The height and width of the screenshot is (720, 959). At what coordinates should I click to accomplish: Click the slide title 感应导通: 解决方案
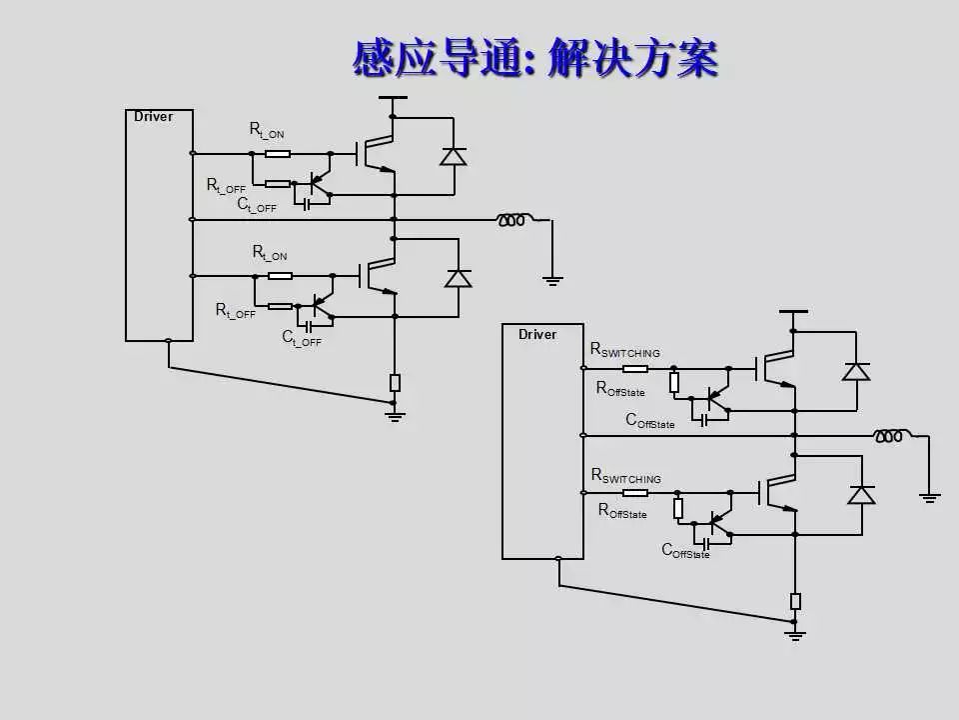point(535,58)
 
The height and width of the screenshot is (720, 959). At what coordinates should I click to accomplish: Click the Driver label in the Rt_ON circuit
point(153,117)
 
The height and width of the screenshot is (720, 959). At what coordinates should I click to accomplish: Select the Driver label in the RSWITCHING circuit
point(537,334)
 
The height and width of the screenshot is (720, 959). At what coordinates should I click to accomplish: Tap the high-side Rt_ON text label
point(267,130)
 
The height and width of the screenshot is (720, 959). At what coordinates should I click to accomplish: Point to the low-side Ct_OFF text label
point(301,338)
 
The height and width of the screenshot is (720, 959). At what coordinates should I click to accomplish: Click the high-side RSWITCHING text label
point(625,350)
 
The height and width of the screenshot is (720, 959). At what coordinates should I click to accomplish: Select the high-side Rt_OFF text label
point(226,186)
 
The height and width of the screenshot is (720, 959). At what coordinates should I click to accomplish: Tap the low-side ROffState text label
point(622,511)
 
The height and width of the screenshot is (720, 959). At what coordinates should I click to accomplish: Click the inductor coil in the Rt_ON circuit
point(511,219)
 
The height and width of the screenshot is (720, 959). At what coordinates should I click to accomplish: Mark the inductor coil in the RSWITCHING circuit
point(888,435)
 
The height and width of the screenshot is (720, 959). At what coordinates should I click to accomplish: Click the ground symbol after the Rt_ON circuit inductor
point(552,281)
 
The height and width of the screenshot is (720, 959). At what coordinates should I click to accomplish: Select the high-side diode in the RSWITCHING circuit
point(856,372)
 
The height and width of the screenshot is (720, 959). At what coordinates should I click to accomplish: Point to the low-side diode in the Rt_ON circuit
point(458,278)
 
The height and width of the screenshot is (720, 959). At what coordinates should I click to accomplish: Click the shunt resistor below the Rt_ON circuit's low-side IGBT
point(395,382)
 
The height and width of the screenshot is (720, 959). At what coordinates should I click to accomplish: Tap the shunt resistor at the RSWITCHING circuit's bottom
point(795,601)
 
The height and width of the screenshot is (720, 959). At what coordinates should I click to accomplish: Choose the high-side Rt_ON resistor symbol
point(277,154)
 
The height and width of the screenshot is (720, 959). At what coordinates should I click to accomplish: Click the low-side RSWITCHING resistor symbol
point(635,492)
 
